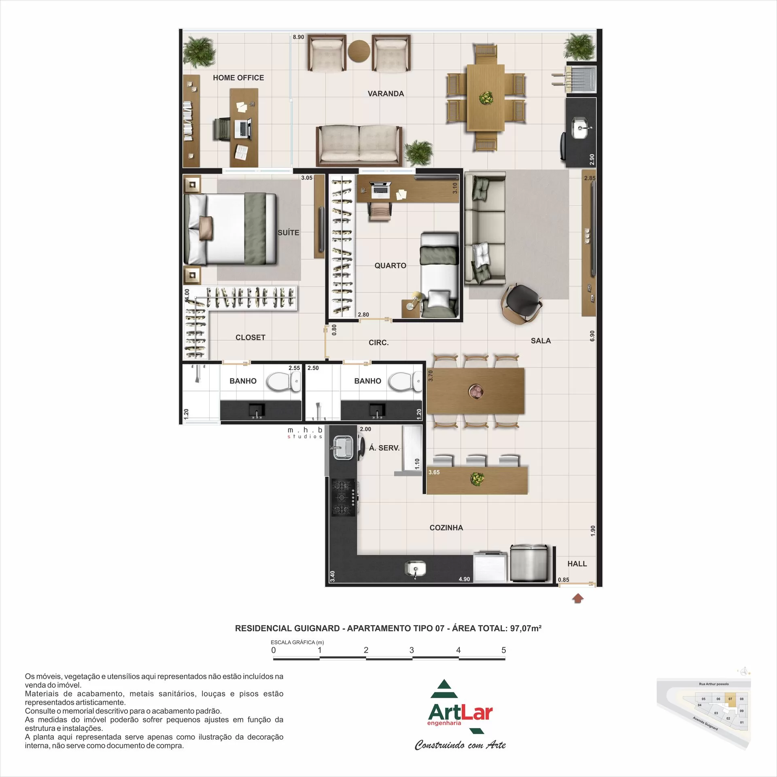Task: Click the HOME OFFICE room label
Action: [x=238, y=78]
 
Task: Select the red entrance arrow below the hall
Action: [x=578, y=598]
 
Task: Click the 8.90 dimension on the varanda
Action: [x=298, y=37]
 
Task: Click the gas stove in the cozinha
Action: [x=344, y=497]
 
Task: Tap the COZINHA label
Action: [x=446, y=528]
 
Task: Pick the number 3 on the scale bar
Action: [x=412, y=650]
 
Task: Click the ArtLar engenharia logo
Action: [x=460, y=712]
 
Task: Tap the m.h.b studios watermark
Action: [x=305, y=433]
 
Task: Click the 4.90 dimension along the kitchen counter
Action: [x=464, y=579]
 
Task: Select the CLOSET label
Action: [x=250, y=338]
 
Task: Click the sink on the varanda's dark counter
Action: [x=582, y=128]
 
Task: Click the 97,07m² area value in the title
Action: [x=525, y=628]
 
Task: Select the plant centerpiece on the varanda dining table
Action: [x=486, y=98]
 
